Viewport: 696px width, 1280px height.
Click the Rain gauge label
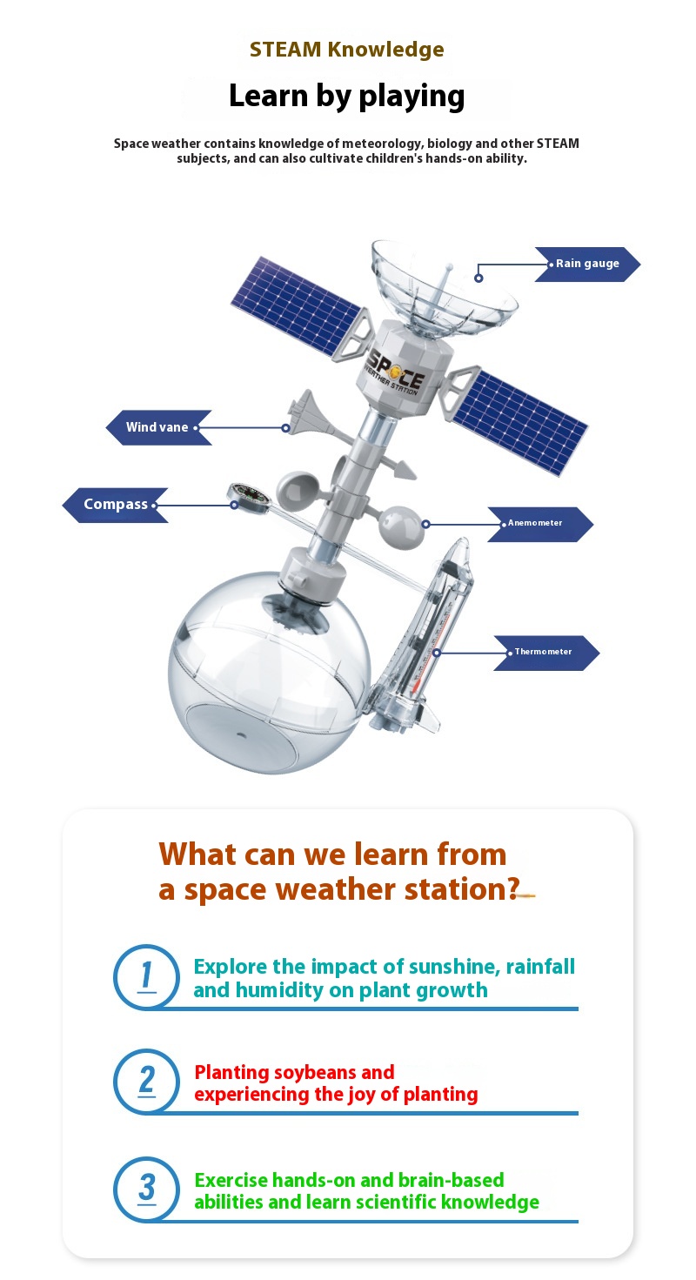pyautogui.click(x=587, y=264)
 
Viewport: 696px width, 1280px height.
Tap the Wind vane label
pyautogui.click(x=158, y=427)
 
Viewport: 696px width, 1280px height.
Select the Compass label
pyautogui.click(x=116, y=506)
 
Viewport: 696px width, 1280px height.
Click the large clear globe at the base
pyautogui.click(x=269, y=674)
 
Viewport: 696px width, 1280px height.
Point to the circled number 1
pyautogui.click(x=146, y=976)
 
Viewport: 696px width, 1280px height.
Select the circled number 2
pyautogui.click(x=146, y=1082)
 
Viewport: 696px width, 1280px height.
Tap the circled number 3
pyautogui.click(x=146, y=1190)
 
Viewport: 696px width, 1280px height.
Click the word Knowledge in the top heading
pyautogui.click(x=385, y=50)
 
